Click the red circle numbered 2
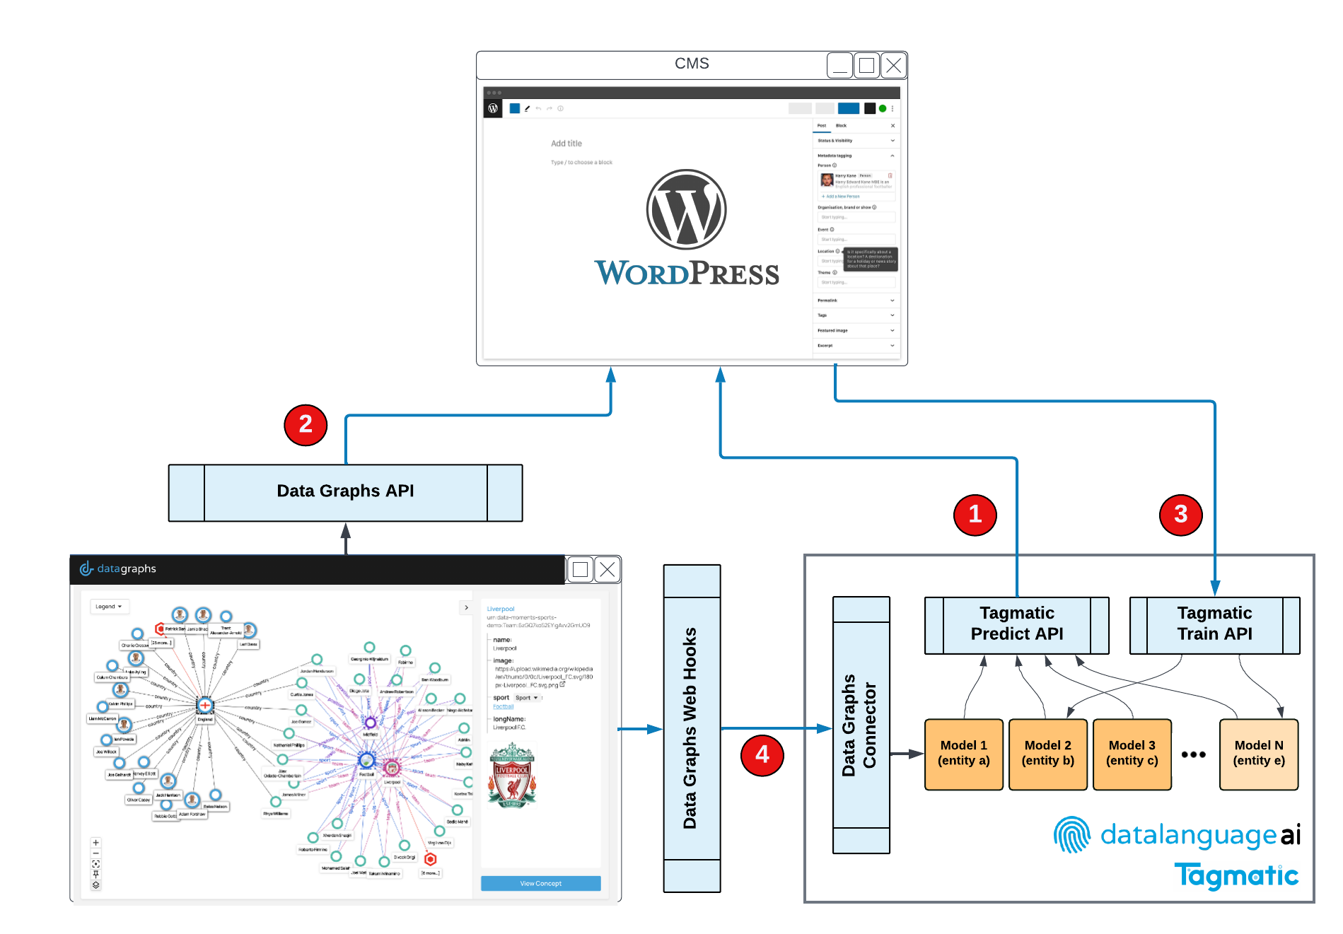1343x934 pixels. (306, 425)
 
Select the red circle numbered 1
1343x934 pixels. (975, 515)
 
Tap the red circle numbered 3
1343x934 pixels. (1180, 515)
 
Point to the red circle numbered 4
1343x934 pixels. (762, 755)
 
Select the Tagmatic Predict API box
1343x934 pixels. (1016, 625)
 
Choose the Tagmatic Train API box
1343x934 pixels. (1214, 625)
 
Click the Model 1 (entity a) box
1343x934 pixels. (963, 754)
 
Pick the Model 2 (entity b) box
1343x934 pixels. (1047, 754)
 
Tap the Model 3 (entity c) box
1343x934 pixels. (1132, 754)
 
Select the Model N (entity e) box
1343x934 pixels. (1258, 754)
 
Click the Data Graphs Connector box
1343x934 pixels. (861, 725)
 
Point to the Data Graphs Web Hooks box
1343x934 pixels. (691, 728)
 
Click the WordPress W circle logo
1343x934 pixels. (686, 209)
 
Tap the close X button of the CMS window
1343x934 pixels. (894, 66)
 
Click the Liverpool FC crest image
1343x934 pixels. (512, 776)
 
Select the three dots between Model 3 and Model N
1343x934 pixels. (1194, 754)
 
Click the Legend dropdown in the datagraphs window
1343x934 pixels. (109, 607)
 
